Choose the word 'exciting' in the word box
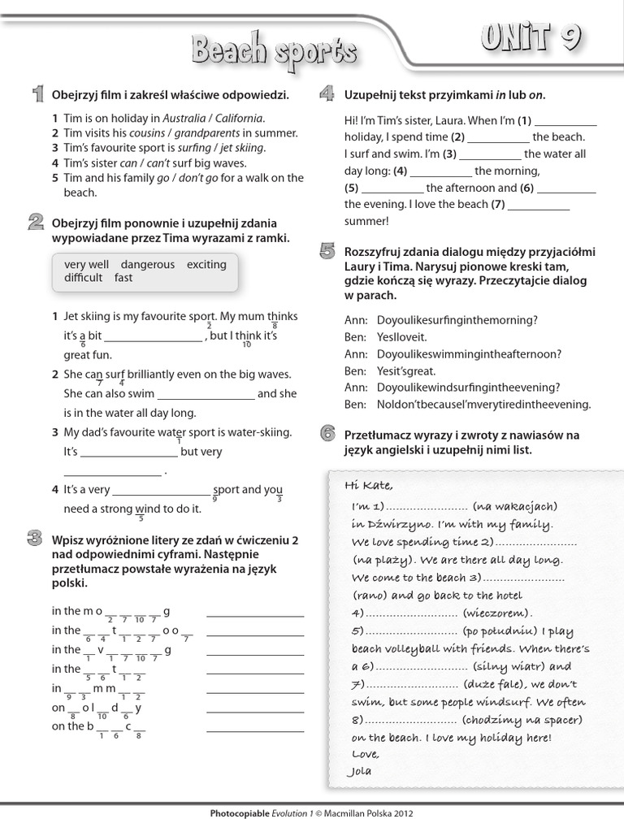pyautogui.click(x=206, y=264)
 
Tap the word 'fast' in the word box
pyautogui.click(x=123, y=278)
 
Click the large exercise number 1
pyautogui.click(x=37, y=95)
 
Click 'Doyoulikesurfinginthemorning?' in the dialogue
pyautogui.click(x=457, y=320)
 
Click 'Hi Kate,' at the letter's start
pyautogui.click(x=368, y=486)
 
